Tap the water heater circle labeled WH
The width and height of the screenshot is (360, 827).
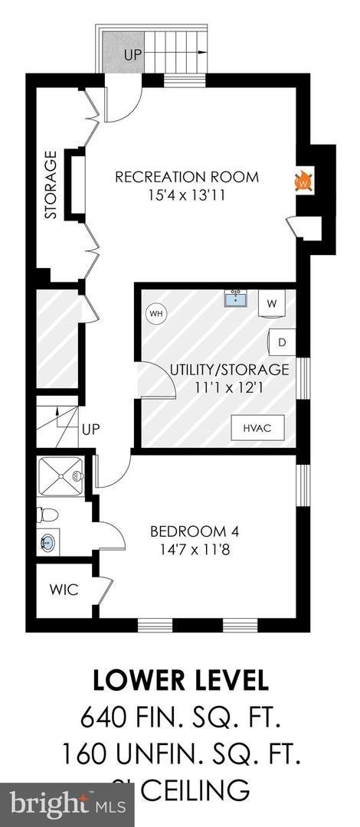(156, 313)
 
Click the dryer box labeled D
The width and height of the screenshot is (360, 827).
(281, 342)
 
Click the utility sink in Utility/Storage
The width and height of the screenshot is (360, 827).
(235, 298)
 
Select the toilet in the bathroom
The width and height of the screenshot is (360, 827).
(44, 514)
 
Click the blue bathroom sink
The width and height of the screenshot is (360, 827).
(47, 543)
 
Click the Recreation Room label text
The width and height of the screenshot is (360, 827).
(187, 177)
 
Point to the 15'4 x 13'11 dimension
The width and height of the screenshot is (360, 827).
(187, 195)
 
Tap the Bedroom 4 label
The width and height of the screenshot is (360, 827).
(188, 531)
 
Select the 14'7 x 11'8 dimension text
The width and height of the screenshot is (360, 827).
(188, 548)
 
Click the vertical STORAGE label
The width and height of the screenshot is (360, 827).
(51, 185)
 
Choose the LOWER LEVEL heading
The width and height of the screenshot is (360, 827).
(180, 680)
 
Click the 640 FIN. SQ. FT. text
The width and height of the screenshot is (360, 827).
(180, 719)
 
